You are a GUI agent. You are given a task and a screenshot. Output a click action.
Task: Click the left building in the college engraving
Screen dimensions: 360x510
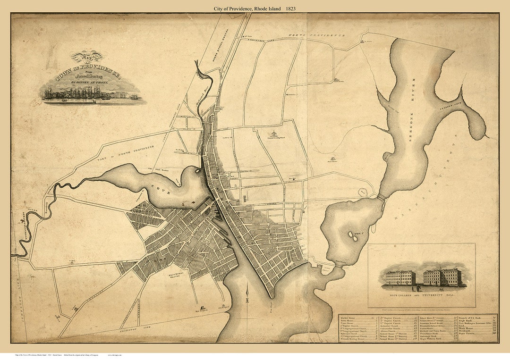coord(400,277)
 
